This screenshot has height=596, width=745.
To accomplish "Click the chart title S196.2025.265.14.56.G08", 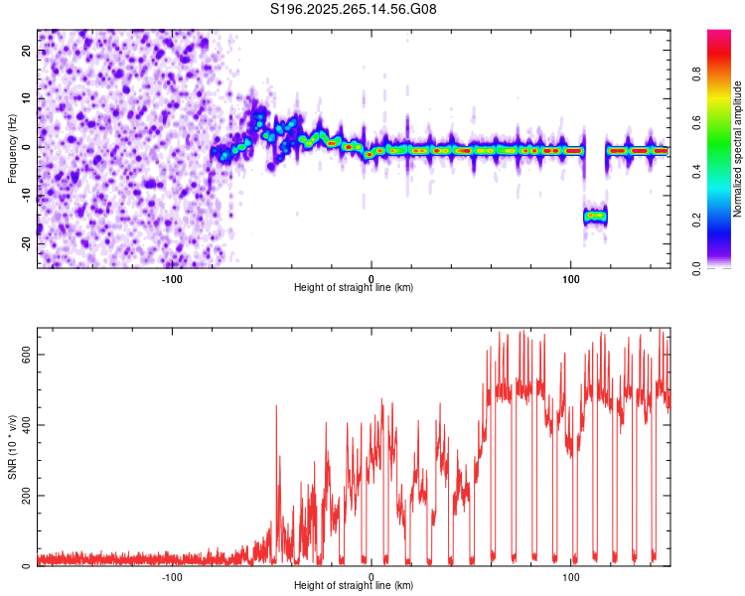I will pyautogui.click(x=354, y=10).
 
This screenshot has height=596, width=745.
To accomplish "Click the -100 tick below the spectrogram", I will pyautogui.click(x=172, y=278).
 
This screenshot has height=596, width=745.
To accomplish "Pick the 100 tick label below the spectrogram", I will pyautogui.click(x=571, y=278).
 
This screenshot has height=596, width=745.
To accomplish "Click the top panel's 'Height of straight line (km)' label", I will pyautogui.click(x=354, y=288).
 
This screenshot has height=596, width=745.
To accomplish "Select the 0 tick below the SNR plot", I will pyautogui.click(x=372, y=576).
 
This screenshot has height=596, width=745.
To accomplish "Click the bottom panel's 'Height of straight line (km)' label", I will pyautogui.click(x=354, y=586).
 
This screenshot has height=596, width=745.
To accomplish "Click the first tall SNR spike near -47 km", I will pyautogui.click(x=276, y=407).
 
